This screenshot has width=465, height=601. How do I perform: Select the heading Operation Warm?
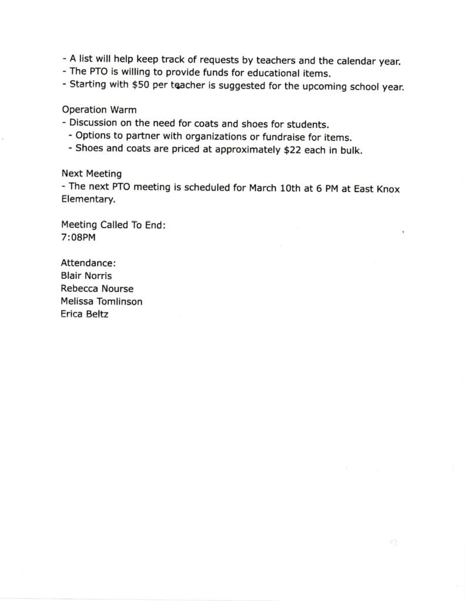(x=99, y=110)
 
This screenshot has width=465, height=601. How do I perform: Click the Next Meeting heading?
(x=91, y=174)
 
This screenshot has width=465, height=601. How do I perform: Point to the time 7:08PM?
(x=78, y=238)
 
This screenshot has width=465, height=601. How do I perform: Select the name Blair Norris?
(x=86, y=276)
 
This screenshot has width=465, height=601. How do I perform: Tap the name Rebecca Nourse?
(x=97, y=289)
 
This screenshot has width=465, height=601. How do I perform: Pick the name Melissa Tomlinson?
(x=102, y=302)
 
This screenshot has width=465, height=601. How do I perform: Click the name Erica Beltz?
(x=85, y=315)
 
